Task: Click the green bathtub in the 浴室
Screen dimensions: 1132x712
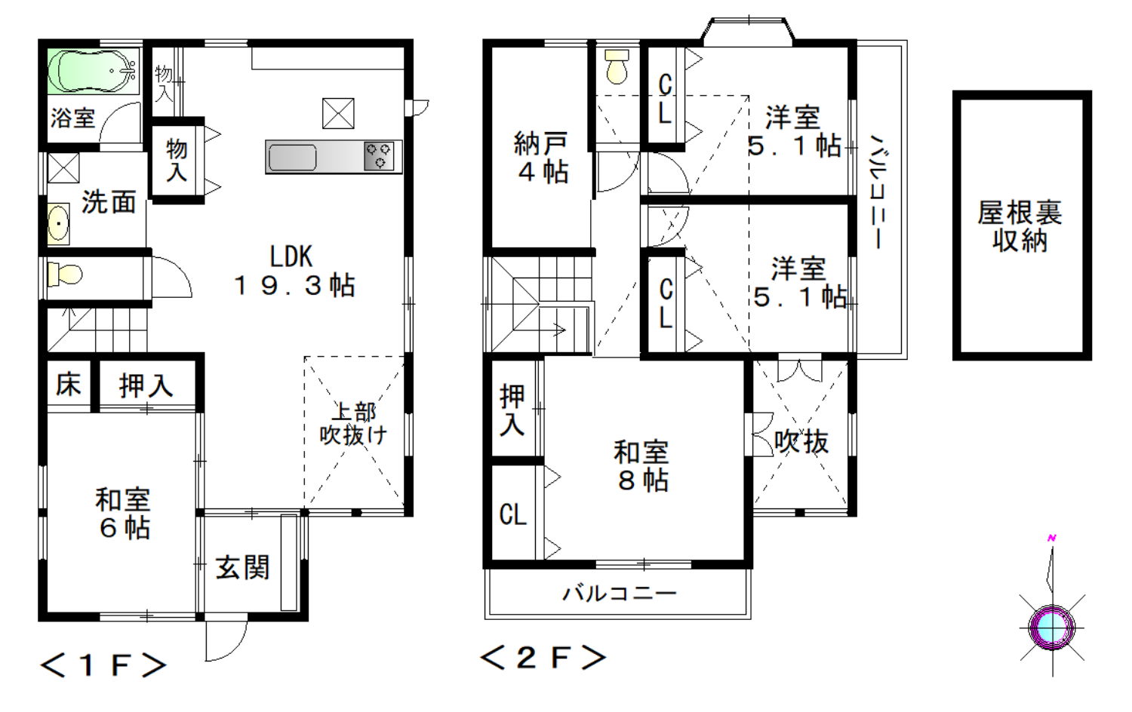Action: pos(94,71)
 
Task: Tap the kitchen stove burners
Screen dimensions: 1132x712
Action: pos(379,156)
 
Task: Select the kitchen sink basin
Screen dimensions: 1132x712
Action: pos(293,158)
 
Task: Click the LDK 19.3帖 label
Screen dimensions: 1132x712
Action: pos(294,271)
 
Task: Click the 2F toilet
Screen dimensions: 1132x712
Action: pos(617,66)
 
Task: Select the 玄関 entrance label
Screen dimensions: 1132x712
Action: pos(242,568)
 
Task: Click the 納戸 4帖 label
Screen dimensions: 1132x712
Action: pos(542,157)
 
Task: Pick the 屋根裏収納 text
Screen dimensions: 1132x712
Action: pos(1020,226)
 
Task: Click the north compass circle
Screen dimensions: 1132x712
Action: pos(1052,628)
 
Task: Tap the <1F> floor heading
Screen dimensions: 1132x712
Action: pos(103,665)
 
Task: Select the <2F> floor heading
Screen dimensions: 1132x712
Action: pos(543,658)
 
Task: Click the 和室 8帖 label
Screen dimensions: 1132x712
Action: pos(641,465)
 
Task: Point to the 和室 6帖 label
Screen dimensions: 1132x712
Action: pos(123,513)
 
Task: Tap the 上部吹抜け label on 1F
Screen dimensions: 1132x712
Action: pos(353,424)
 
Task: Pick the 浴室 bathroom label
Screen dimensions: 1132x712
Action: pos(72,118)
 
